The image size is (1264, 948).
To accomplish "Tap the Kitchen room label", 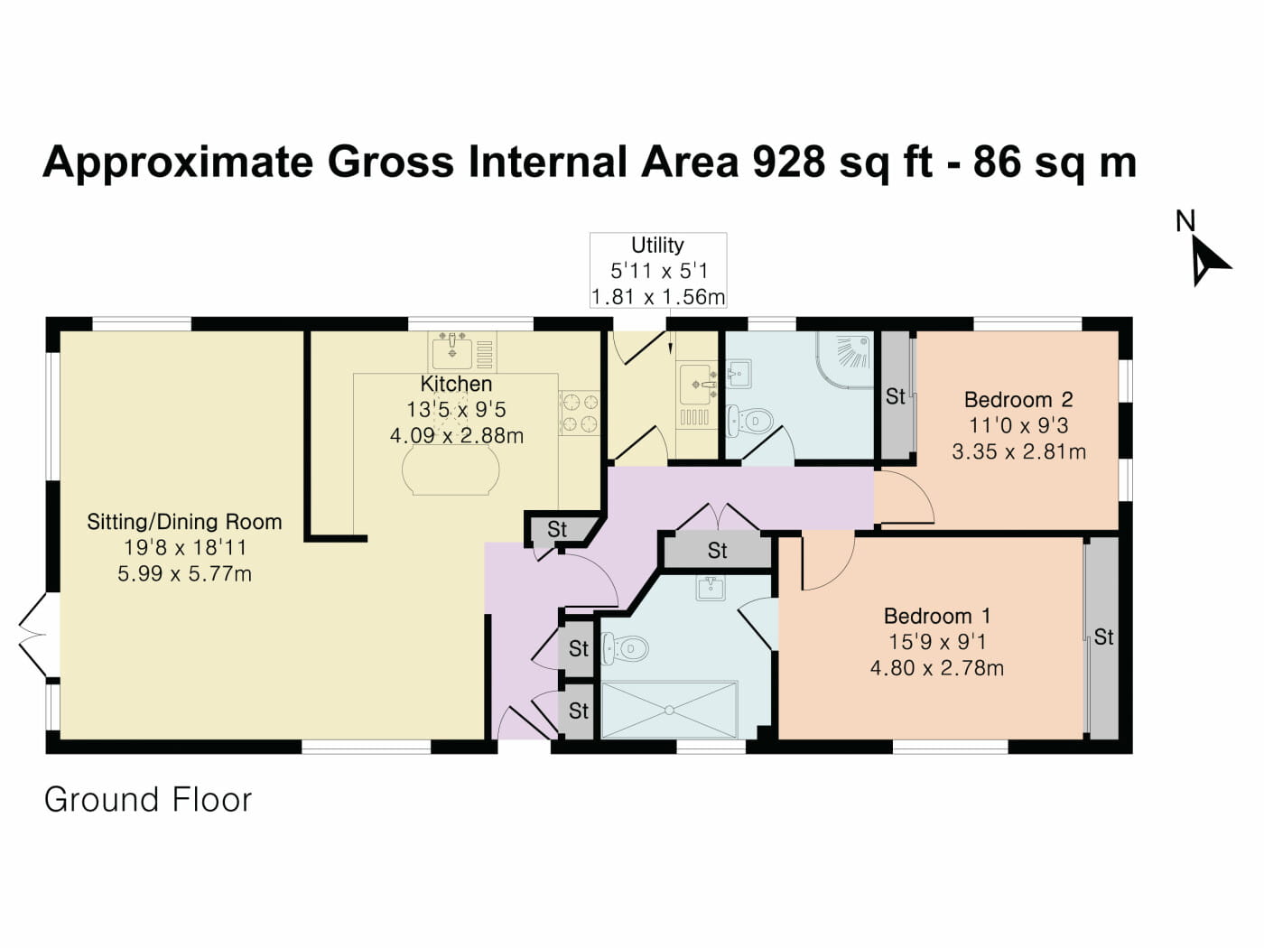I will (456, 384).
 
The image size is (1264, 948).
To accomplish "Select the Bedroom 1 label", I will (937, 616).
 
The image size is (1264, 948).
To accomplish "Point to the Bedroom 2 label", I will (1018, 399).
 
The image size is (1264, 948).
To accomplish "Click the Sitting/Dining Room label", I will (184, 522).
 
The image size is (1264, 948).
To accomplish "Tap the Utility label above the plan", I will (657, 245).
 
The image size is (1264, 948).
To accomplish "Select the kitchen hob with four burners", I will (580, 412).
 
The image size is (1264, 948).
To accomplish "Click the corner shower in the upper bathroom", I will (847, 358).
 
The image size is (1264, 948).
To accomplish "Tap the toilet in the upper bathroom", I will (750, 421).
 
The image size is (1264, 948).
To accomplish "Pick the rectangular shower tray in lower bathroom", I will (669, 710).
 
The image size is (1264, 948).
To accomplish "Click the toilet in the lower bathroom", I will (625, 647).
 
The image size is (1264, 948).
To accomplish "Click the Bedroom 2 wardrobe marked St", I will (896, 396).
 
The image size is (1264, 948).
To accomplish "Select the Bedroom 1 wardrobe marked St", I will (1102, 637).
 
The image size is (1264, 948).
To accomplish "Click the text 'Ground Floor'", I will (148, 800).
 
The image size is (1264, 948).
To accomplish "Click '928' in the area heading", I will (788, 163).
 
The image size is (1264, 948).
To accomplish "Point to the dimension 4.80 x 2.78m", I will (936, 668).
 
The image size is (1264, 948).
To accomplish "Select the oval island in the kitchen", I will (451, 470).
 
